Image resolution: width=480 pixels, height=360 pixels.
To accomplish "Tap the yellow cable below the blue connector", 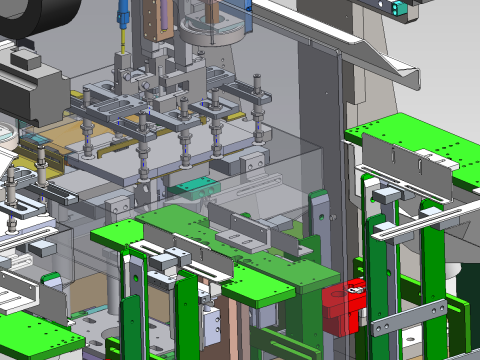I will (x=122, y=40).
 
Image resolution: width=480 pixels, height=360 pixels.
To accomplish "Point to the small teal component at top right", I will (x=400, y=8).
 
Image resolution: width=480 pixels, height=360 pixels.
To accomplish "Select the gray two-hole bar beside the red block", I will (x=410, y=318).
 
